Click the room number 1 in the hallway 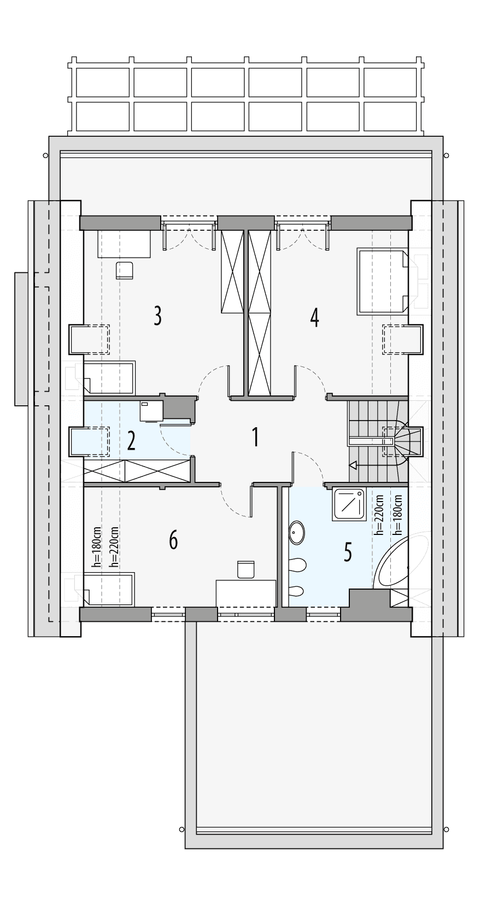point(255,438)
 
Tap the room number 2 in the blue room point(131,441)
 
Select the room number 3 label point(157,316)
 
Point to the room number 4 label point(314,317)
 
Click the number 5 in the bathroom point(348,552)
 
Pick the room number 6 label point(173,540)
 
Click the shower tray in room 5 point(348,504)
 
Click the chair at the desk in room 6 point(246,569)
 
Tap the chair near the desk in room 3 point(125,271)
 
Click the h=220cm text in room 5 point(379,514)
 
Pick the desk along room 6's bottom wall point(246,594)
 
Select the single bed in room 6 point(109,589)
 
